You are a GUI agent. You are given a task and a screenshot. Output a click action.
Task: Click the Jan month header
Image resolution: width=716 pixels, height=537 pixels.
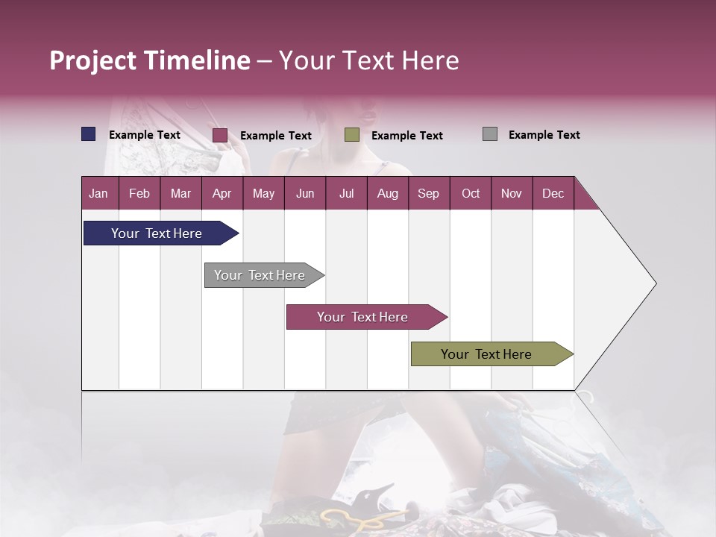98,193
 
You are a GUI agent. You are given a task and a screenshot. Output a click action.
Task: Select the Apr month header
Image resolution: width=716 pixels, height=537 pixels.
222,193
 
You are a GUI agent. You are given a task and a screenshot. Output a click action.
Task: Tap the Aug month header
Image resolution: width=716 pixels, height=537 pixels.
387,193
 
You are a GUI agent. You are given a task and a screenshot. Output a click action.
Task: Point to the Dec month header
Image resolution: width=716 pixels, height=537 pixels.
553,193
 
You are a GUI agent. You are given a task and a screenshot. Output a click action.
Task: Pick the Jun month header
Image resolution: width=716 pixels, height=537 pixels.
304,193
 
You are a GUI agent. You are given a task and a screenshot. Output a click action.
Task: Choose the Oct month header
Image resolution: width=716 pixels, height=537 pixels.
471,193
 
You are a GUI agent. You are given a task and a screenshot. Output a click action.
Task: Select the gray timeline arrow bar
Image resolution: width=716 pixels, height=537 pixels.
260,275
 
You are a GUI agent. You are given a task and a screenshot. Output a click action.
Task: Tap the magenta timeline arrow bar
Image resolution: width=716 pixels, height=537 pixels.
363,317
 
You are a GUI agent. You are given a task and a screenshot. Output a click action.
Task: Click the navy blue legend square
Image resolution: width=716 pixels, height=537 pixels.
88,134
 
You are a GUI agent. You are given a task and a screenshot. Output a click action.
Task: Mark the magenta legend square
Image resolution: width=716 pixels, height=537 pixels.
219,135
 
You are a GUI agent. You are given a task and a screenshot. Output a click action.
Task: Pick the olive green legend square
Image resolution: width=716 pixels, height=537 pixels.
352,135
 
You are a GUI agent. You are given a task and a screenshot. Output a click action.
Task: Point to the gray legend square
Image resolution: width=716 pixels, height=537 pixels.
489,134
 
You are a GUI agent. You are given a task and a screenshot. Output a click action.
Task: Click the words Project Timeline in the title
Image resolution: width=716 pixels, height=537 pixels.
149,60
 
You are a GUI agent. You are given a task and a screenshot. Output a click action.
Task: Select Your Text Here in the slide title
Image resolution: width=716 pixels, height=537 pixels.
368,60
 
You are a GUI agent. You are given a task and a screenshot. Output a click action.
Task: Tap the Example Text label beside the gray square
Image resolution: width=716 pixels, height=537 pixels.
544,135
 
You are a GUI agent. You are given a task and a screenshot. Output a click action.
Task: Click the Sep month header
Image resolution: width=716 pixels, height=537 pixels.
428,193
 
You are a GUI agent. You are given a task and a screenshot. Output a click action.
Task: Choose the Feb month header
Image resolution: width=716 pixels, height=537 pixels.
139,193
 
